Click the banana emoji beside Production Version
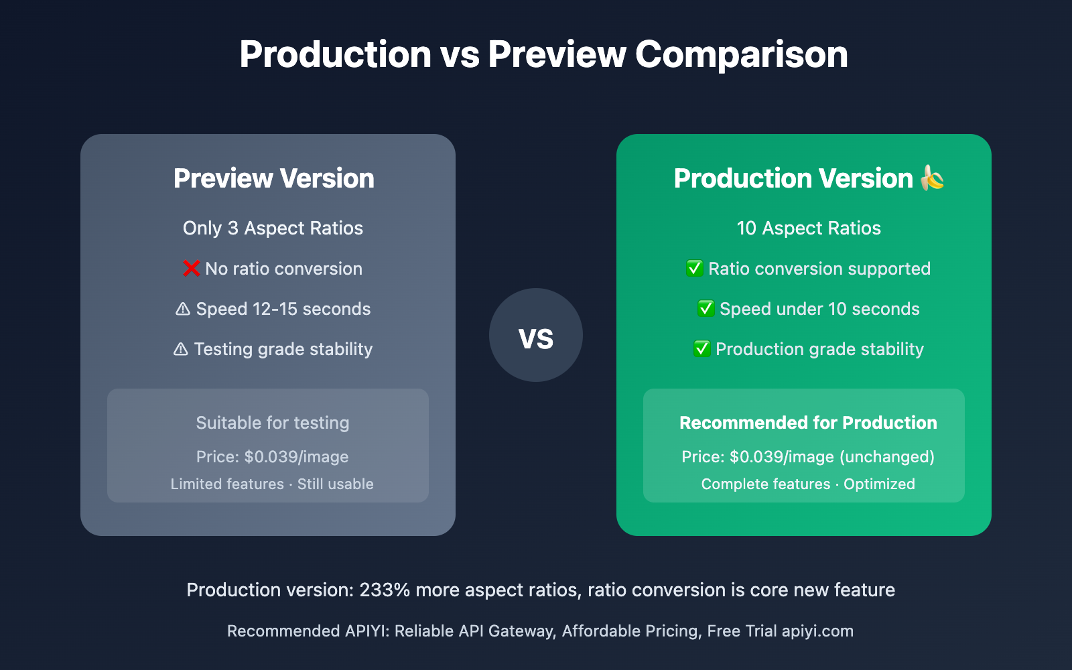point(932,178)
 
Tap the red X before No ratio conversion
point(192,269)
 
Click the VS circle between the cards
point(536,335)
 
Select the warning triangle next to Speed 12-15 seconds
point(183,309)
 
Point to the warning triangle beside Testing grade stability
point(180,349)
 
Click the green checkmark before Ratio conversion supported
point(694,269)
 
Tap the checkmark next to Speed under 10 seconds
point(706,309)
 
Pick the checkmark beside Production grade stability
point(702,349)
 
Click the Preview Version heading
point(274,178)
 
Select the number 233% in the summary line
point(385,590)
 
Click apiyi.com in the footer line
point(817,631)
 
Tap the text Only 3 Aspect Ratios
point(273,228)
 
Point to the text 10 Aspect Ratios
point(809,228)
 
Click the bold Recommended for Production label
point(808,423)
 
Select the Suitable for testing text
point(273,423)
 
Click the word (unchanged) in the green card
point(887,457)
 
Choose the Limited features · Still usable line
point(272,484)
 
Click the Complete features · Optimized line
point(808,484)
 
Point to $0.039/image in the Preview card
point(296,457)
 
